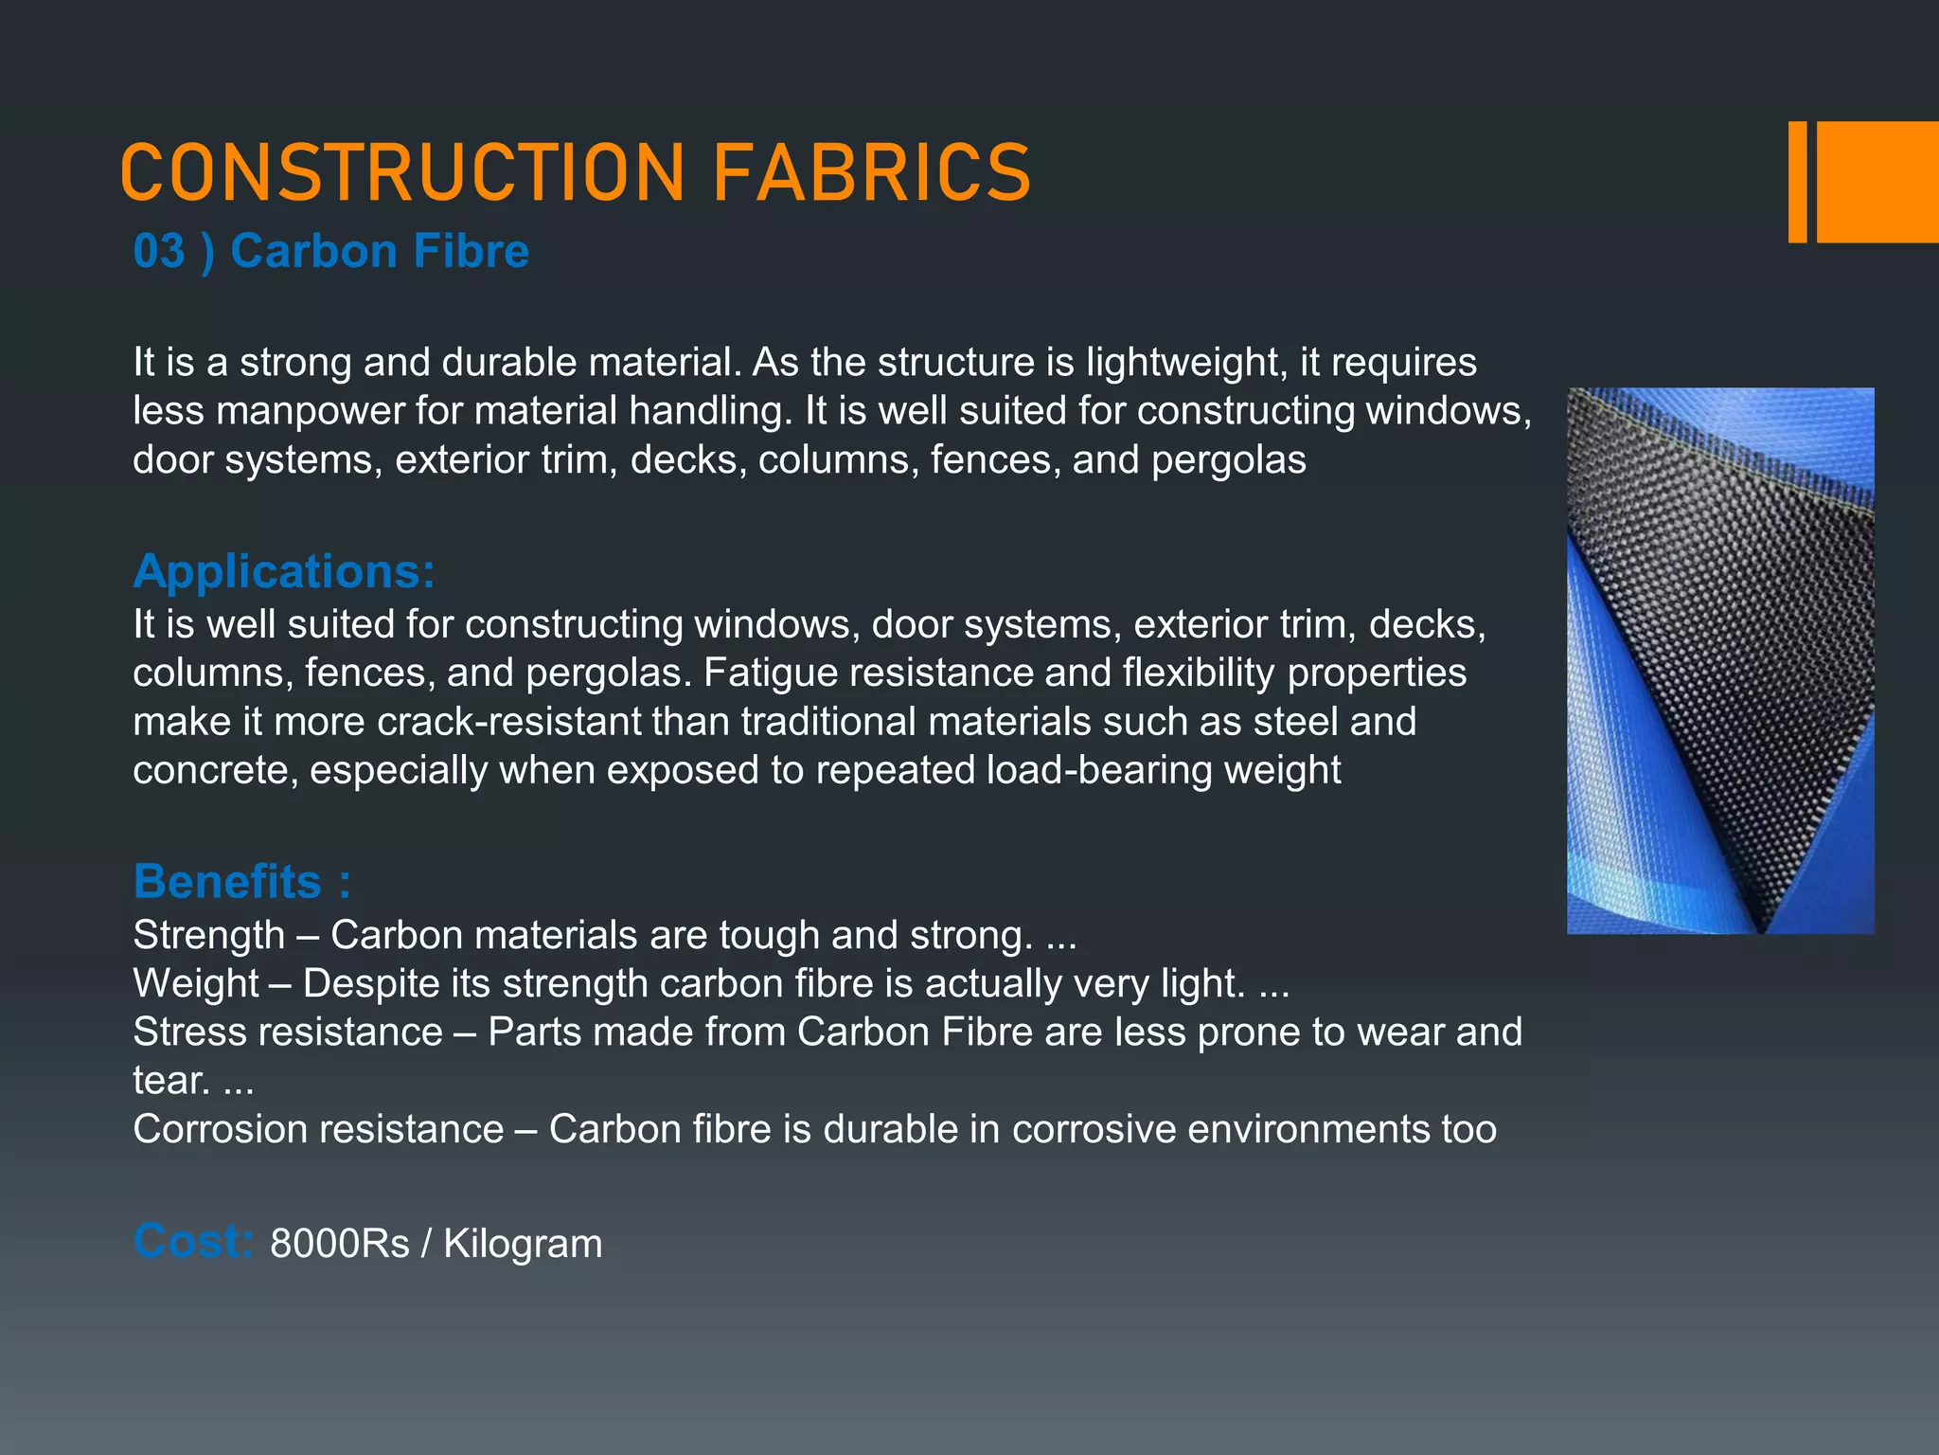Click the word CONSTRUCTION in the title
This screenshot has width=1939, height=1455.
point(402,172)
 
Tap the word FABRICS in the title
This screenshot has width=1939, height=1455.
point(871,172)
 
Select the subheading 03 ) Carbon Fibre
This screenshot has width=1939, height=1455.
point(330,251)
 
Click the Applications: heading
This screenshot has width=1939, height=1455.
point(284,571)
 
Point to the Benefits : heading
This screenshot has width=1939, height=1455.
point(242,881)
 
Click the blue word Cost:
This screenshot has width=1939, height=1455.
point(193,1241)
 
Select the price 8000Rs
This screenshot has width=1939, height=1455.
point(339,1244)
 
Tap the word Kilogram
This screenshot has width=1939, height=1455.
point(523,1244)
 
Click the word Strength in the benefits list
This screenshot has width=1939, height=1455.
point(209,935)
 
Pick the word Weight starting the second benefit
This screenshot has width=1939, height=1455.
point(196,983)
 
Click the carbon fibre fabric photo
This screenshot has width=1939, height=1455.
point(1720,660)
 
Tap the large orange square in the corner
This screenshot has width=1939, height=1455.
point(1877,182)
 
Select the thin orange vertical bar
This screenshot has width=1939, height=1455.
point(1797,182)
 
